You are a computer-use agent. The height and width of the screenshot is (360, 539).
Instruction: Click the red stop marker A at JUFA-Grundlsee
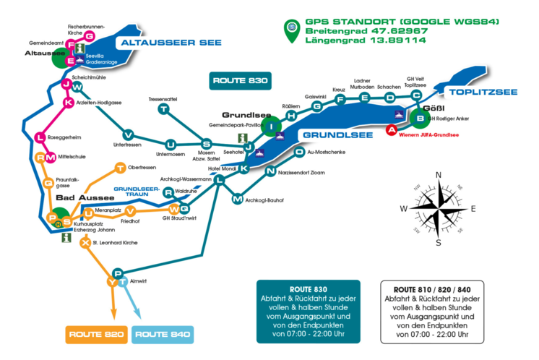click(x=392, y=130)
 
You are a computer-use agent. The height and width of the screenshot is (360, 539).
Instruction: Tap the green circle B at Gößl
click(x=418, y=119)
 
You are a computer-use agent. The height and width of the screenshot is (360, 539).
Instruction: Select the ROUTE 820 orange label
click(x=98, y=334)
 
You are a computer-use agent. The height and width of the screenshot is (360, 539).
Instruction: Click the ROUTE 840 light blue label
click(x=163, y=334)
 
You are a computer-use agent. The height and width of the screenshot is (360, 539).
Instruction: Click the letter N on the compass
click(x=438, y=176)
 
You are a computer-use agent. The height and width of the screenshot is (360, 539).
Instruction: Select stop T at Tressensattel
click(x=165, y=109)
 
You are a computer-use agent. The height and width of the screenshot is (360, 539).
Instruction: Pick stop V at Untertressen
click(x=129, y=134)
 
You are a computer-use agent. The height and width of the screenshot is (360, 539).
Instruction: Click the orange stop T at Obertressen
click(x=120, y=168)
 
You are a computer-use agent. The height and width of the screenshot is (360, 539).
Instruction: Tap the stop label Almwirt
click(x=139, y=280)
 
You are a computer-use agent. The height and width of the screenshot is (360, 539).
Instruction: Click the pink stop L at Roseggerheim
click(x=41, y=137)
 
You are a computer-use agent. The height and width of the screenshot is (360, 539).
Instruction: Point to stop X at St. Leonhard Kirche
click(x=86, y=242)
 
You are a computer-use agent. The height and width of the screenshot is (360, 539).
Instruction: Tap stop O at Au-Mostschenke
click(x=299, y=152)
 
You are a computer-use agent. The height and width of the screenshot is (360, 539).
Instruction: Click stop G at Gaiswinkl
click(x=316, y=106)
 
